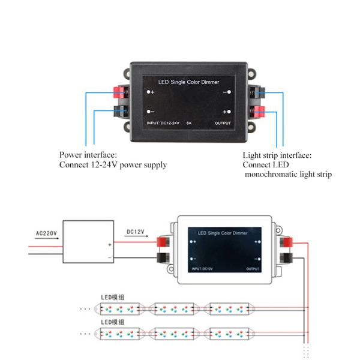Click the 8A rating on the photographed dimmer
pyautogui.click(x=189, y=123)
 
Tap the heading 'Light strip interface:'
pyautogui.click(x=277, y=155)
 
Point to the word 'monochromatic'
pyautogui.click(x=273, y=175)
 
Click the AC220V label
pyautogui.click(x=46, y=233)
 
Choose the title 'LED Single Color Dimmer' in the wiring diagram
pyautogui.click(x=223, y=232)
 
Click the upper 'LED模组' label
pyautogui.click(x=113, y=297)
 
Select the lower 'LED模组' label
pyautogui.click(x=113, y=322)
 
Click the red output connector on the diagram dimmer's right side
pyautogui.click(x=287, y=242)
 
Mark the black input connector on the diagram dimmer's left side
pyautogui.click(x=162, y=259)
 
